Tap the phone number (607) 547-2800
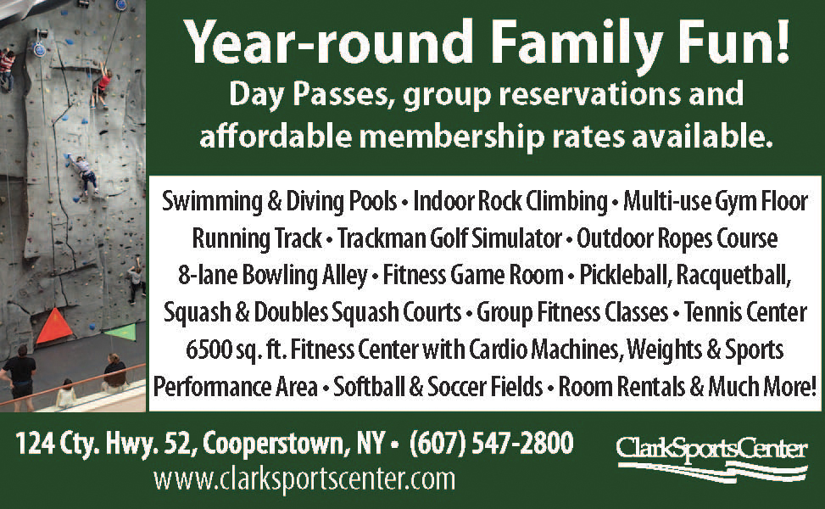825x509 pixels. (x=491, y=442)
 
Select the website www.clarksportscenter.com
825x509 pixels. (x=304, y=479)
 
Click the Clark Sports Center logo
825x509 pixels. (x=712, y=458)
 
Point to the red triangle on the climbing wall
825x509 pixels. (x=53, y=326)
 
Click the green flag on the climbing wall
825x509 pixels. (x=122, y=333)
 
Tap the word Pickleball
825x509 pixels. (x=626, y=276)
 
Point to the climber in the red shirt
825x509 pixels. (x=102, y=84)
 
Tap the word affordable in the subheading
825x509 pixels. (x=276, y=137)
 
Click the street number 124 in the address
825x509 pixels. (x=35, y=443)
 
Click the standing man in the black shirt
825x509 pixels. (x=20, y=377)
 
